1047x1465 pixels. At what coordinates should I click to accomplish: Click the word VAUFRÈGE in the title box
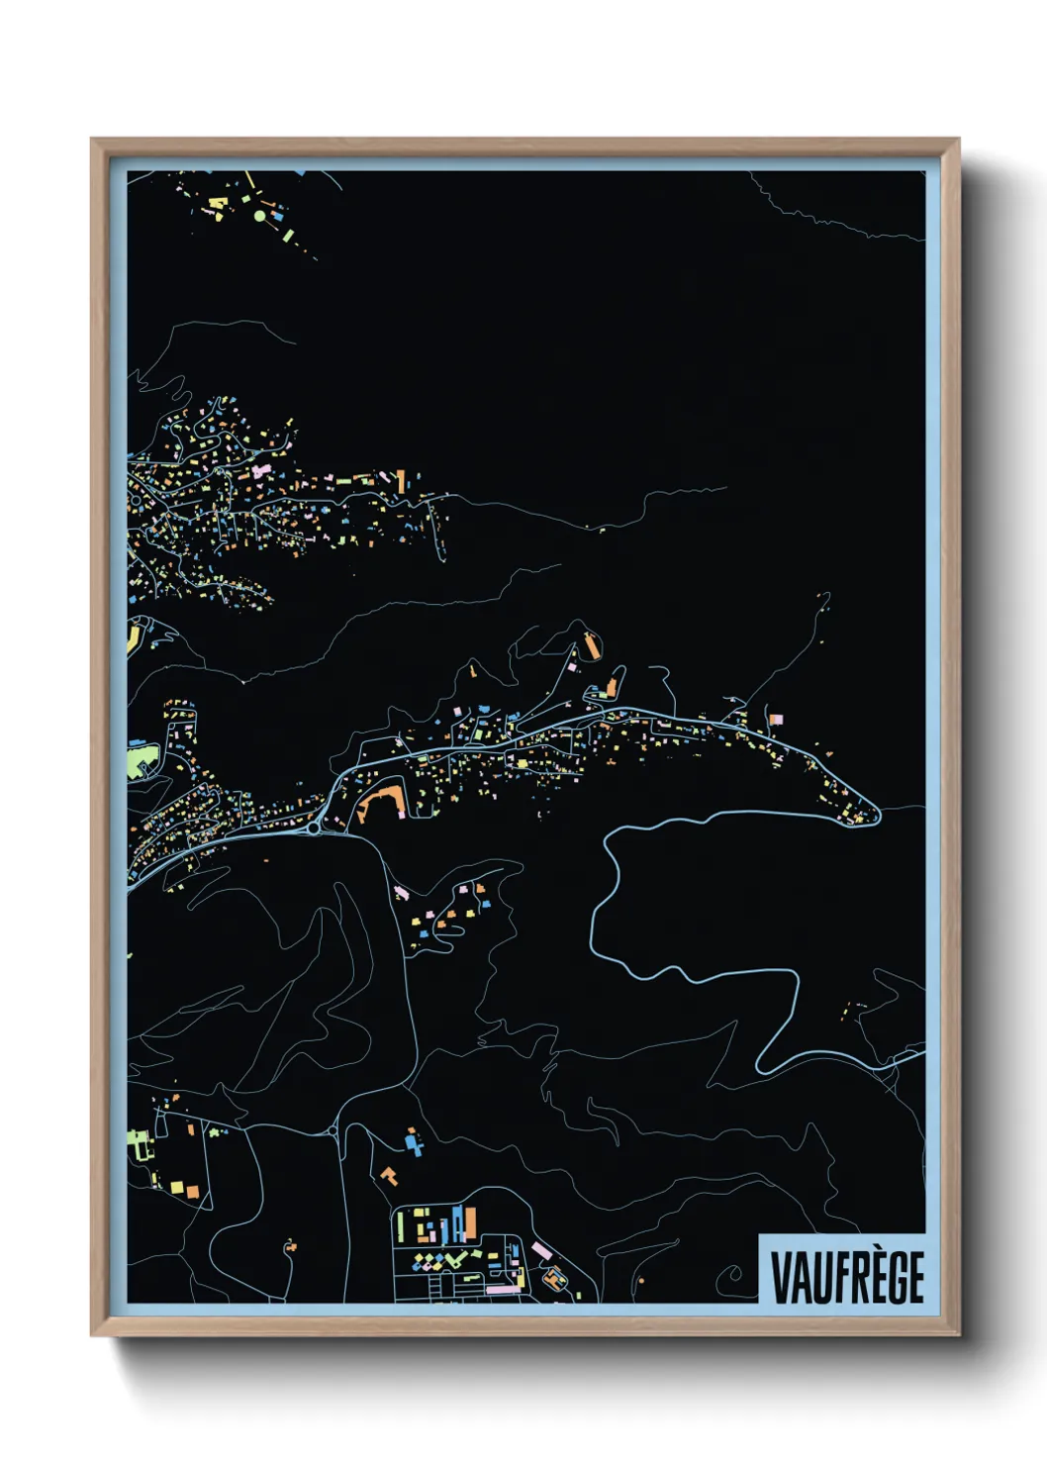(846, 1276)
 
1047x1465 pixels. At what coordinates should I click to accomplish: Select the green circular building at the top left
(260, 215)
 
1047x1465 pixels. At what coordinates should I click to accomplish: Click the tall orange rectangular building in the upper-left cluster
(401, 481)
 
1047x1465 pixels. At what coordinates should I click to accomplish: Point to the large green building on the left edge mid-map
(140, 761)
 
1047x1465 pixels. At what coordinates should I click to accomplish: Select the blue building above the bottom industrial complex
(413, 1143)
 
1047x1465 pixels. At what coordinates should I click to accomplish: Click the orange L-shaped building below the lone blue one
(390, 1176)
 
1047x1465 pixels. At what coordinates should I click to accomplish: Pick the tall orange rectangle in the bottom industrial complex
(470, 1223)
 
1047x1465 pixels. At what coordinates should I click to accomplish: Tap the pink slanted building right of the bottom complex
(540, 1251)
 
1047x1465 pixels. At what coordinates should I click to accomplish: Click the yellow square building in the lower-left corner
(176, 1186)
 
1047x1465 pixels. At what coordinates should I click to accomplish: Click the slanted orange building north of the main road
(593, 645)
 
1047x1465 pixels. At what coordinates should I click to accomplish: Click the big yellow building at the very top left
(218, 203)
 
